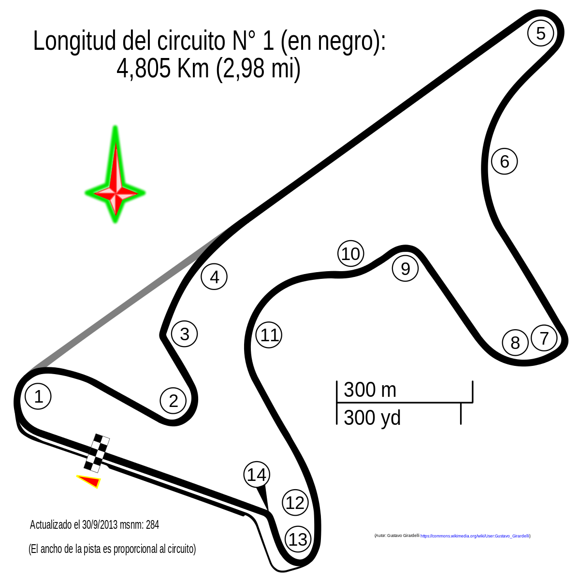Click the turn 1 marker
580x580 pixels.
pyautogui.click(x=37, y=396)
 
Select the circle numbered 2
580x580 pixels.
pyautogui.click(x=173, y=400)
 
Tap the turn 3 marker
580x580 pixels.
pyautogui.click(x=184, y=333)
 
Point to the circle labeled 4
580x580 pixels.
pyautogui.click(x=214, y=276)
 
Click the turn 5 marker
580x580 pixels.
pyautogui.click(x=540, y=33)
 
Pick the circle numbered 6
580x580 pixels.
pyautogui.click(x=504, y=161)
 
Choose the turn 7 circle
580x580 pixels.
pyautogui.click(x=544, y=337)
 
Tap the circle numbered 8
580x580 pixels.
pyautogui.click(x=514, y=342)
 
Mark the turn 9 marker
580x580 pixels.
pyautogui.click(x=405, y=268)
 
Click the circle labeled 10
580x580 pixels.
pyautogui.click(x=350, y=253)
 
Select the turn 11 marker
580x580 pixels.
pyautogui.click(x=268, y=334)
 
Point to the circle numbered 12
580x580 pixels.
pyautogui.click(x=294, y=502)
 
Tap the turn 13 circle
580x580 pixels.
pyautogui.click(x=297, y=538)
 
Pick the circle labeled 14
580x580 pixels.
pyautogui.click(x=256, y=474)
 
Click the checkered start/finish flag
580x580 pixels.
pyautogui.click(x=97, y=453)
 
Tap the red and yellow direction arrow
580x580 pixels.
pyautogui.click(x=89, y=481)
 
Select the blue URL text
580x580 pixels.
pyautogui.click(x=475, y=536)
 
